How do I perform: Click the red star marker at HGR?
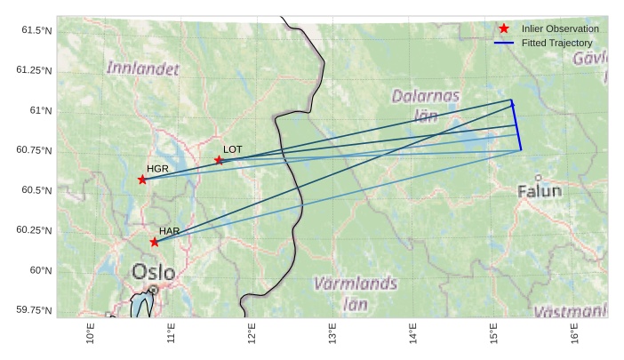point(142,180)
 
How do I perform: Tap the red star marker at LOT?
point(219,160)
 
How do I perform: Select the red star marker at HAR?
point(155,242)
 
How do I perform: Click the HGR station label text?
point(157,168)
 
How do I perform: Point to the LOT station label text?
point(232,149)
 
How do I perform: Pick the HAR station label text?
point(170,231)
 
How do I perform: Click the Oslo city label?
point(153,271)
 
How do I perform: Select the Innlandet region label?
point(142,68)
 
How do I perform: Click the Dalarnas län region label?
point(427,104)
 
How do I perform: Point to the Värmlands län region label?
point(355,293)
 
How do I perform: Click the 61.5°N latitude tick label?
point(36,30)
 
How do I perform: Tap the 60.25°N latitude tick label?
point(34,230)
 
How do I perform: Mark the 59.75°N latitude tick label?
point(34,309)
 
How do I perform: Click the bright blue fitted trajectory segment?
point(516,125)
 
